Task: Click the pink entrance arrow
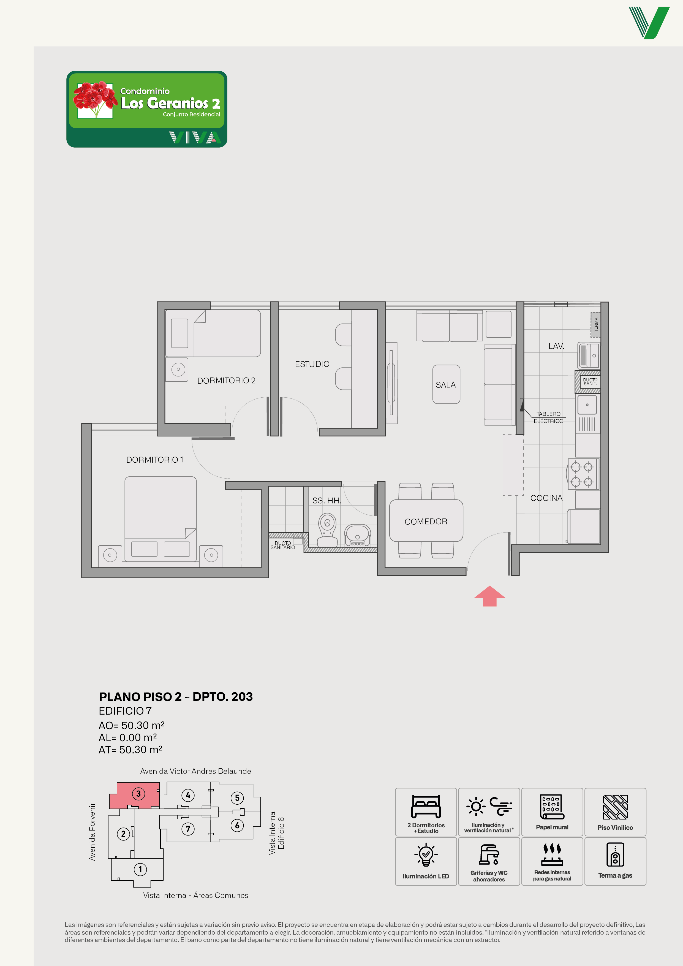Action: (489, 595)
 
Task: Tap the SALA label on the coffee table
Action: (446, 385)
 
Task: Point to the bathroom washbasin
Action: (358, 535)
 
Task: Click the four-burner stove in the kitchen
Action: (583, 474)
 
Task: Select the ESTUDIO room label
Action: (312, 364)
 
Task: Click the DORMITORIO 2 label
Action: (226, 381)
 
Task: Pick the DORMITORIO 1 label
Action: (155, 460)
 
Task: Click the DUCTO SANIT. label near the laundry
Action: (590, 382)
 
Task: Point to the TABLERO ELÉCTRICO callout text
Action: (548, 417)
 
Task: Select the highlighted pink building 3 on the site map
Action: (135, 795)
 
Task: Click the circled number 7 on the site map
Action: (188, 829)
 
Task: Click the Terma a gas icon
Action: (615, 854)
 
